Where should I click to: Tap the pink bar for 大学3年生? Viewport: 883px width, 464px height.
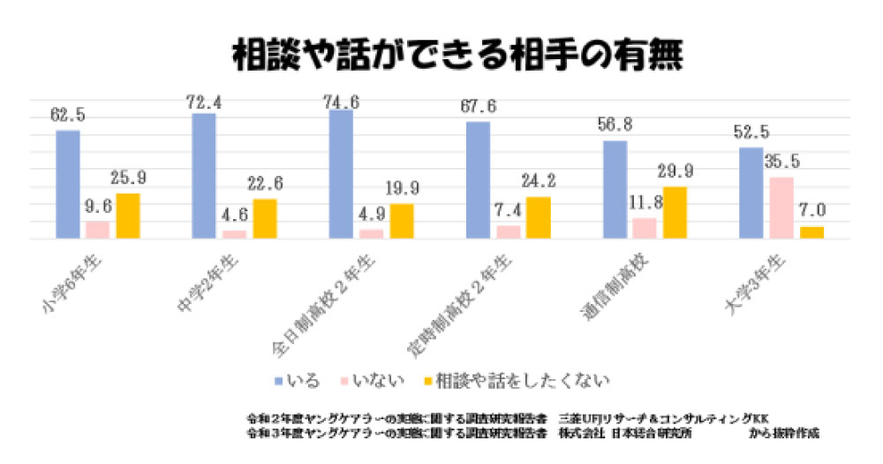point(781,208)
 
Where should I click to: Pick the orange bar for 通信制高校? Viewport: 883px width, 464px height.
point(675,212)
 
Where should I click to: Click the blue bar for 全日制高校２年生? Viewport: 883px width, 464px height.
point(341,174)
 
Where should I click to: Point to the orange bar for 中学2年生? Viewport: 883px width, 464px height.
point(265,218)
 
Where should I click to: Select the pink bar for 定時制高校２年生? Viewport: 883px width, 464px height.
point(508,232)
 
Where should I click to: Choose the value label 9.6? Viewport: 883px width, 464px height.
point(98,205)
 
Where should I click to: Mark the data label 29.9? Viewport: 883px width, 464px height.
point(675,171)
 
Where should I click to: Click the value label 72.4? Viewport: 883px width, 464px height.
point(204,104)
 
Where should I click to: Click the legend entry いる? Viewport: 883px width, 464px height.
point(306,380)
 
